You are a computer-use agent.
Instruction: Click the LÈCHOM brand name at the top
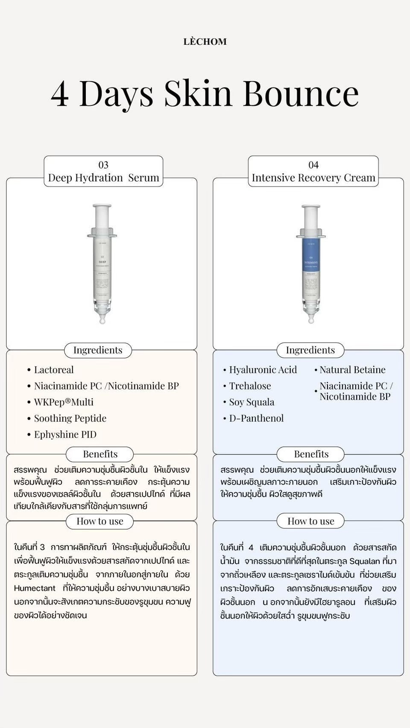pyautogui.click(x=205, y=42)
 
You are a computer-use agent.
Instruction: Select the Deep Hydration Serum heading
pyautogui.click(x=103, y=178)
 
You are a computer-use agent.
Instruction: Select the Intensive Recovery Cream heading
pyautogui.click(x=313, y=178)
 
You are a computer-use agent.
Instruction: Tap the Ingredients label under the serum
pyautogui.click(x=98, y=350)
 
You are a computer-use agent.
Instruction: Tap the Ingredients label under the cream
pyautogui.click(x=310, y=350)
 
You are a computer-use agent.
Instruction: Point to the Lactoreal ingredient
pyautogui.click(x=54, y=370)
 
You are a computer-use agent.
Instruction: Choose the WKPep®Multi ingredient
pyautogui.click(x=64, y=402)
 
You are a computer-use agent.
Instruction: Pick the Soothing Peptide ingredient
pyautogui.click(x=70, y=419)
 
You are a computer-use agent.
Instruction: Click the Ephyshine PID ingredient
pyautogui.click(x=65, y=435)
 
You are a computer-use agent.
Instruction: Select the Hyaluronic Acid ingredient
pyautogui.click(x=263, y=370)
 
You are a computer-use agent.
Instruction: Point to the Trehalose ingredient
pyautogui.click(x=250, y=386)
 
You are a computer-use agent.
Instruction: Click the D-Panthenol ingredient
pyautogui.click(x=256, y=419)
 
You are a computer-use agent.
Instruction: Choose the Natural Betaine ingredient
pyautogui.click(x=352, y=370)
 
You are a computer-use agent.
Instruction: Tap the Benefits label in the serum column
pyautogui.click(x=100, y=454)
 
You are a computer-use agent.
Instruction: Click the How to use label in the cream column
pyautogui.click(x=310, y=521)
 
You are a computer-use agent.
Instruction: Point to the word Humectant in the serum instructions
pyautogui.click(x=35, y=588)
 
